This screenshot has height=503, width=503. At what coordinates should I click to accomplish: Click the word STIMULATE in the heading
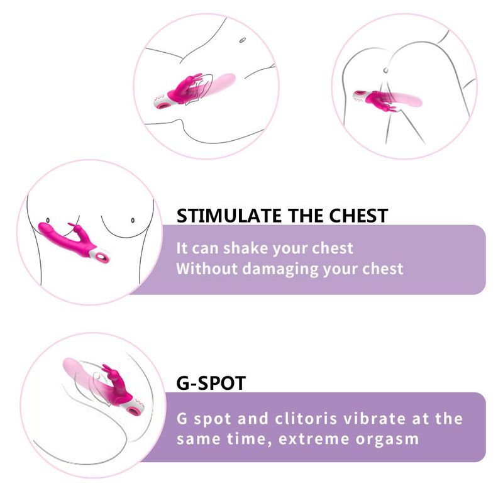pos(229,216)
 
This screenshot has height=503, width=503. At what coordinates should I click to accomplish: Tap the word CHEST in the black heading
pos(358,216)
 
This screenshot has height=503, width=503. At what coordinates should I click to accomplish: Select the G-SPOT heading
pos(211,383)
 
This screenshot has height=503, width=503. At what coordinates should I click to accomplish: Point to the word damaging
pos(280,269)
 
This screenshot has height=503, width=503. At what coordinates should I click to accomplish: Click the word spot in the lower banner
pos(213,419)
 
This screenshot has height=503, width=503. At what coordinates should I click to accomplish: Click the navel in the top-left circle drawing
pos(243,40)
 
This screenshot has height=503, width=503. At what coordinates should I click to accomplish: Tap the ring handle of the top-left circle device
pos(165,104)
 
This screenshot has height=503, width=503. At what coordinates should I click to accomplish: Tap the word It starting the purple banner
pos(181,248)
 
